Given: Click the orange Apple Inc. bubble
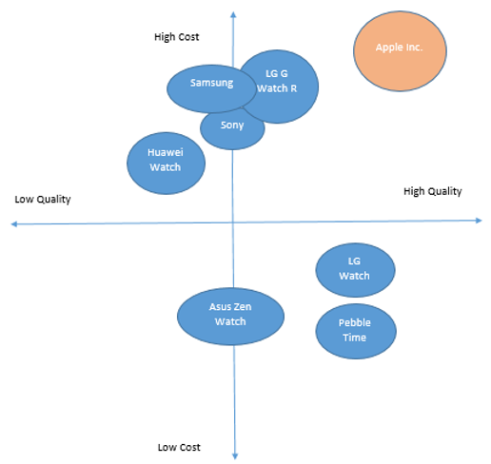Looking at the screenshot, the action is (400, 51).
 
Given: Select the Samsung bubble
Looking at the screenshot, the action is (211, 88).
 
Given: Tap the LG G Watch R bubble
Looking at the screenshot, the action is (279, 87).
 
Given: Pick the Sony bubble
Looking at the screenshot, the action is (232, 128).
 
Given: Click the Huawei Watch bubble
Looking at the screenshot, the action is (166, 164).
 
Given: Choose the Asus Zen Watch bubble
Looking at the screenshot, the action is (230, 317).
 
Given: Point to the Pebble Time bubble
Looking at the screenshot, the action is (356, 331).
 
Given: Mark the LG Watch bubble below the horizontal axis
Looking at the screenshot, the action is (355, 270).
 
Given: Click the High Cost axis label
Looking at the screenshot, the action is (177, 37).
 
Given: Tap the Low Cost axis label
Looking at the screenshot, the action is (179, 447).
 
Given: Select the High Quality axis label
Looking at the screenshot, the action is (433, 191).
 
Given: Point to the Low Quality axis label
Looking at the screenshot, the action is (43, 200).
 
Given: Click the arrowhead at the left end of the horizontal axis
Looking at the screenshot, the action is (12, 224).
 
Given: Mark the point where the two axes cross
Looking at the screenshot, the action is (233, 222).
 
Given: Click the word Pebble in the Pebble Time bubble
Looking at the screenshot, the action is (355, 322).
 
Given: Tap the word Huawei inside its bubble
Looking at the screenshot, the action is (166, 152).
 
